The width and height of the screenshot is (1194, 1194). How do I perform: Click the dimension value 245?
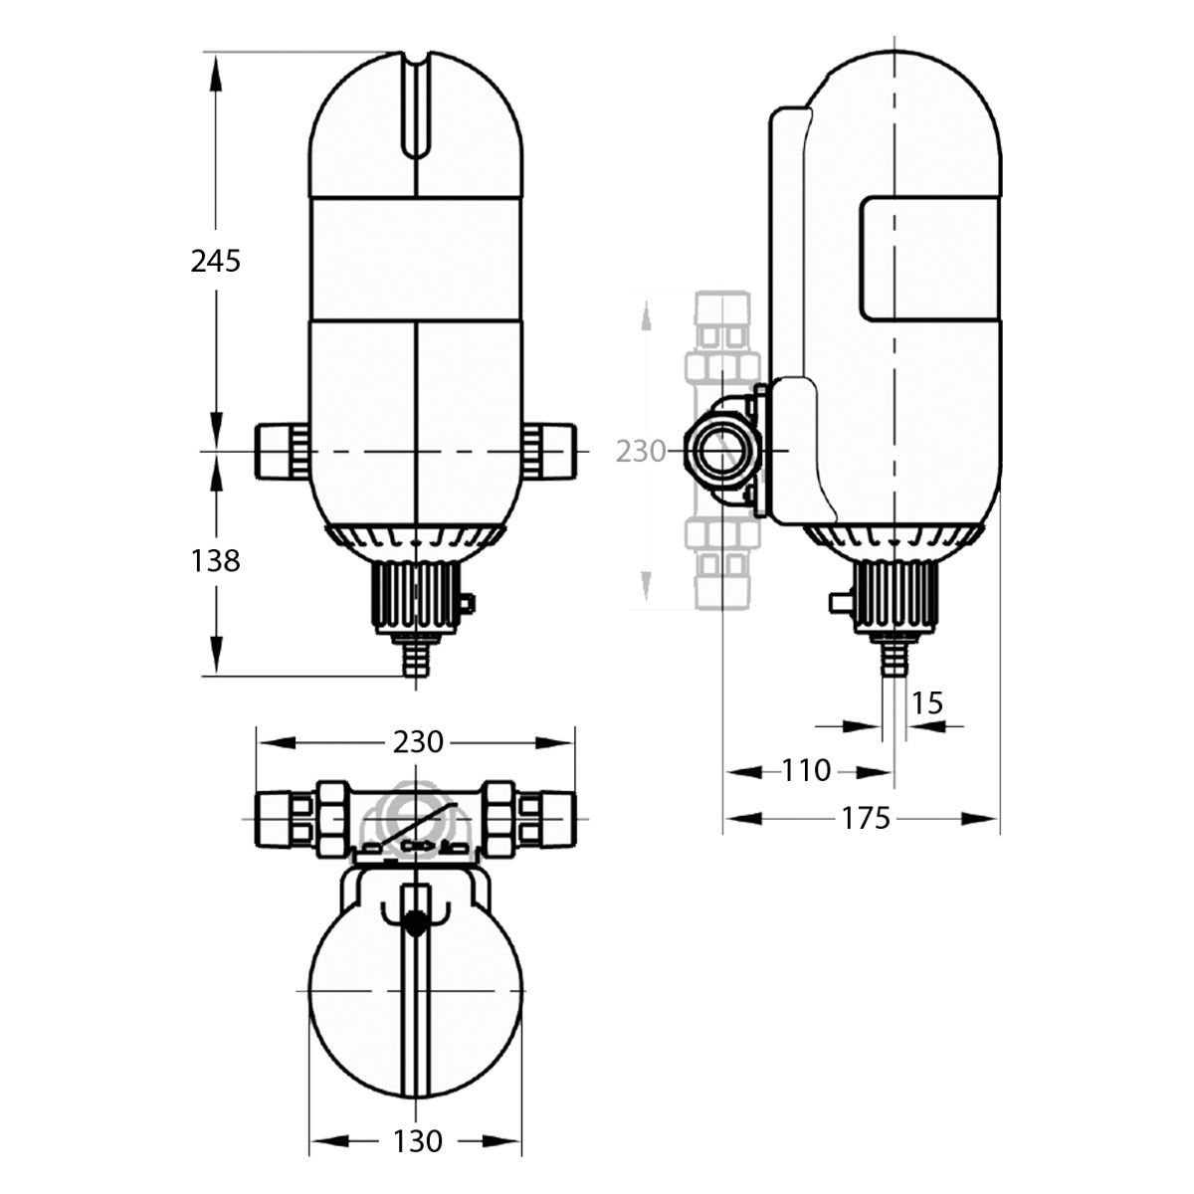[215, 262]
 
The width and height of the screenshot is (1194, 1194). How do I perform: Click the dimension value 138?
[215, 561]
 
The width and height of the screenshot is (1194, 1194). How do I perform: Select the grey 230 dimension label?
[641, 452]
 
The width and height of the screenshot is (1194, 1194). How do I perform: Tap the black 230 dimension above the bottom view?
[418, 741]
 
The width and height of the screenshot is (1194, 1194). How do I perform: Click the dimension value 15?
[927, 703]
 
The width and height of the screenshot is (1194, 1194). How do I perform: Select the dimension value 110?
[806, 771]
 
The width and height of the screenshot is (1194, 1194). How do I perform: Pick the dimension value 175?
[866, 819]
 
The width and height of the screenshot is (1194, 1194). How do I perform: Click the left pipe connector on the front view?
[282, 451]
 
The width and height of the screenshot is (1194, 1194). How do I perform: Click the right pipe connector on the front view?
[549, 451]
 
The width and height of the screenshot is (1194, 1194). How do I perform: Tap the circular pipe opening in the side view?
[721, 452]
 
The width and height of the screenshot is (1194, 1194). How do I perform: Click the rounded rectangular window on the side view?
[930, 259]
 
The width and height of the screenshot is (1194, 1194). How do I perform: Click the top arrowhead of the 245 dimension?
[216, 75]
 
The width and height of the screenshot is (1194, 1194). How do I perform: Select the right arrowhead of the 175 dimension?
[979, 819]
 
